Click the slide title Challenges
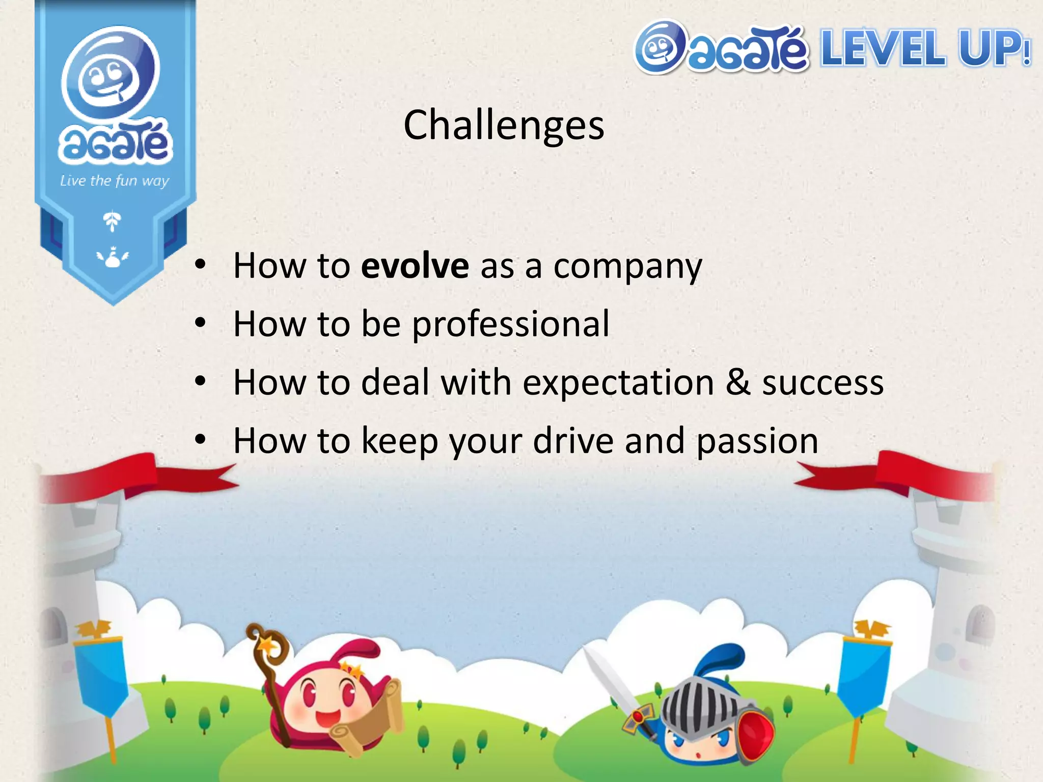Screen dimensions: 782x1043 click(x=504, y=125)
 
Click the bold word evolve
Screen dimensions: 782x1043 click(x=415, y=266)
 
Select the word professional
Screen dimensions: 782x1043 click(x=510, y=324)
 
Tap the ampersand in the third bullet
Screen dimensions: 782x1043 click(x=738, y=382)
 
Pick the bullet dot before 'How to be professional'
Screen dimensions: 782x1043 click(x=201, y=323)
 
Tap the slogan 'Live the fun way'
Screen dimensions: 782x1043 click(x=115, y=181)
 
